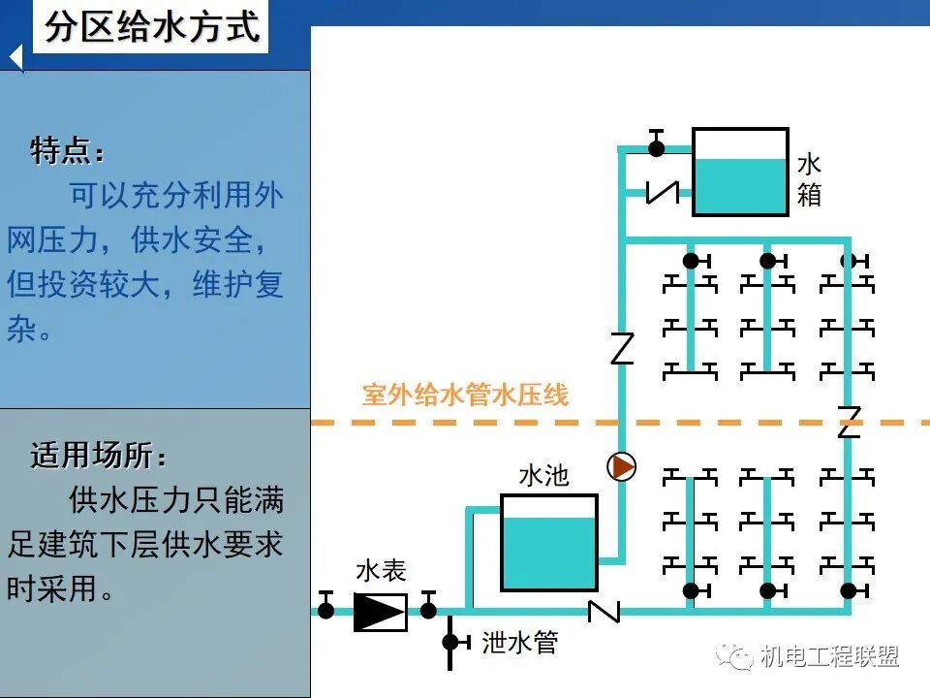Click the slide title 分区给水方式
click(153, 27)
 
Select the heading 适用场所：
click(97, 455)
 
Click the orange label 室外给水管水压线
click(465, 395)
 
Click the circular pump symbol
click(622, 467)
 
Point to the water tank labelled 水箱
click(740, 172)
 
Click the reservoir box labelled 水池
click(548, 542)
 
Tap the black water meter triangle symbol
click(379, 611)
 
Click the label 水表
click(380, 570)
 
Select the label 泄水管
click(519, 642)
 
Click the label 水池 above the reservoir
click(543, 475)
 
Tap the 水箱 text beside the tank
click(809, 179)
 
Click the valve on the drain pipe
click(450, 642)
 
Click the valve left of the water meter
click(326, 609)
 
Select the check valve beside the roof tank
click(663, 192)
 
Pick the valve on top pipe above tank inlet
click(657, 147)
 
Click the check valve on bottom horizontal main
click(604, 611)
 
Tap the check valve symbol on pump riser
click(622, 348)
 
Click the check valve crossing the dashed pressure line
click(849, 422)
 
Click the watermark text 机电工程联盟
click(830, 656)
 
